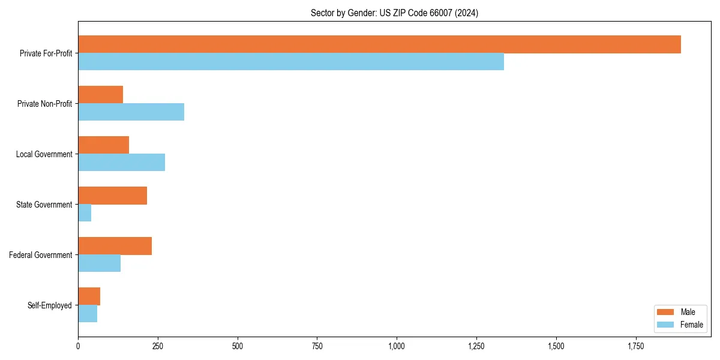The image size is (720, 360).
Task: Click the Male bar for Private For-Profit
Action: click(379, 44)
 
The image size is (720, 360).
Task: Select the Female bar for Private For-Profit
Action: click(291, 62)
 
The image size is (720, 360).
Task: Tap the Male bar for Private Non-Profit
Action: click(100, 95)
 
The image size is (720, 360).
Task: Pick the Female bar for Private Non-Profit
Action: click(131, 112)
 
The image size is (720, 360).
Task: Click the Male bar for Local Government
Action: click(103, 145)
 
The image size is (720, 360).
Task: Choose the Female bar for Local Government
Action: click(121, 163)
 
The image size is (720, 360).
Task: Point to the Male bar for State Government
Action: click(112, 196)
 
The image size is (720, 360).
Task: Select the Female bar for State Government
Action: click(85, 213)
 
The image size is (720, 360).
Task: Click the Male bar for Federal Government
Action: click(115, 246)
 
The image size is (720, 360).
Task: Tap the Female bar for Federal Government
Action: click(99, 263)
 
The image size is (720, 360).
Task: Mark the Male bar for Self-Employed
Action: click(89, 296)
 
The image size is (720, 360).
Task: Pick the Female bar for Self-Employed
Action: click(88, 314)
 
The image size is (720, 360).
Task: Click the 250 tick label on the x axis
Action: click(158, 346)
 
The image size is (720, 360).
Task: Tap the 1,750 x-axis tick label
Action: click(635, 346)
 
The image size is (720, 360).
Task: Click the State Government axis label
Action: click(44, 205)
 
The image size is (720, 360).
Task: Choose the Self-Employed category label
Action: click(49, 305)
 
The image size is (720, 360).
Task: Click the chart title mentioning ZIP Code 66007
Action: click(394, 13)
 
